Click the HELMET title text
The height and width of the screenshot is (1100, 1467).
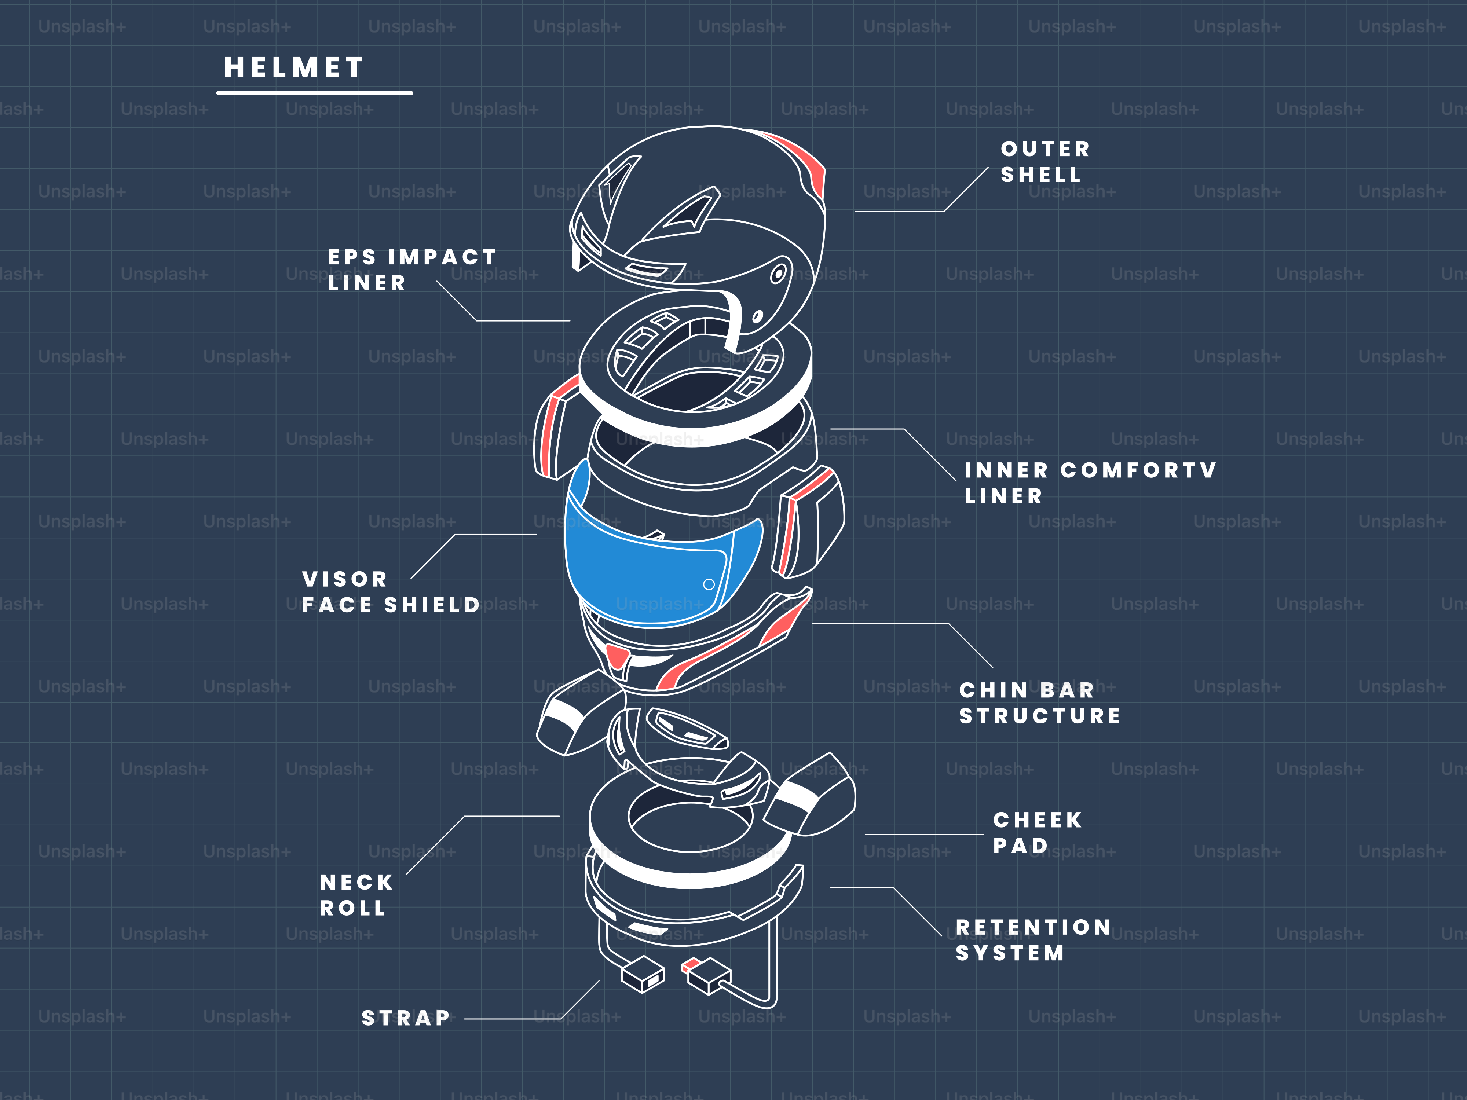[294, 67]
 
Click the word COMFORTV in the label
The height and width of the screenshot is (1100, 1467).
[1138, 470]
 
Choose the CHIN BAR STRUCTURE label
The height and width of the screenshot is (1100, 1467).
[1039, 703]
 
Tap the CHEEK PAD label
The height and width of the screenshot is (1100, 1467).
[1036, 833]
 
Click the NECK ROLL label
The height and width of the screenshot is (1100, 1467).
[356, 895]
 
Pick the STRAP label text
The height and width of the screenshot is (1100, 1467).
[405, 1018]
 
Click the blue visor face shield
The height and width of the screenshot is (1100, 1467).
[637, 570]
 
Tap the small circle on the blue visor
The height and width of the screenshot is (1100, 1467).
[708, 584]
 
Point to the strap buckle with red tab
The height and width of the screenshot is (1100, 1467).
[707, 976]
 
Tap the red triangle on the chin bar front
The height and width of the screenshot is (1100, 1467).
[618, 656]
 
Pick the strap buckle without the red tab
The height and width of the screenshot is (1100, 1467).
[642, 975]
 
